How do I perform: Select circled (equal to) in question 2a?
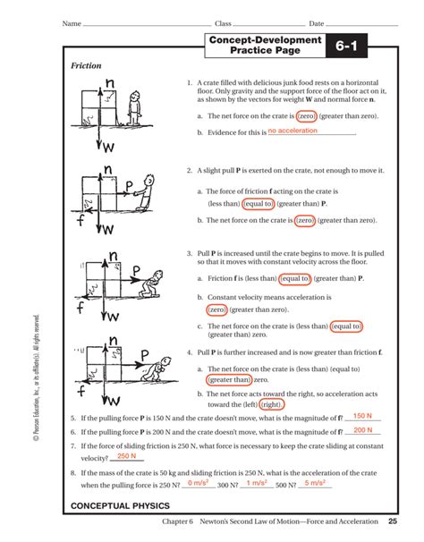click(x=251, y=204)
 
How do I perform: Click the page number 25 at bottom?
click(x=393, y=521)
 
